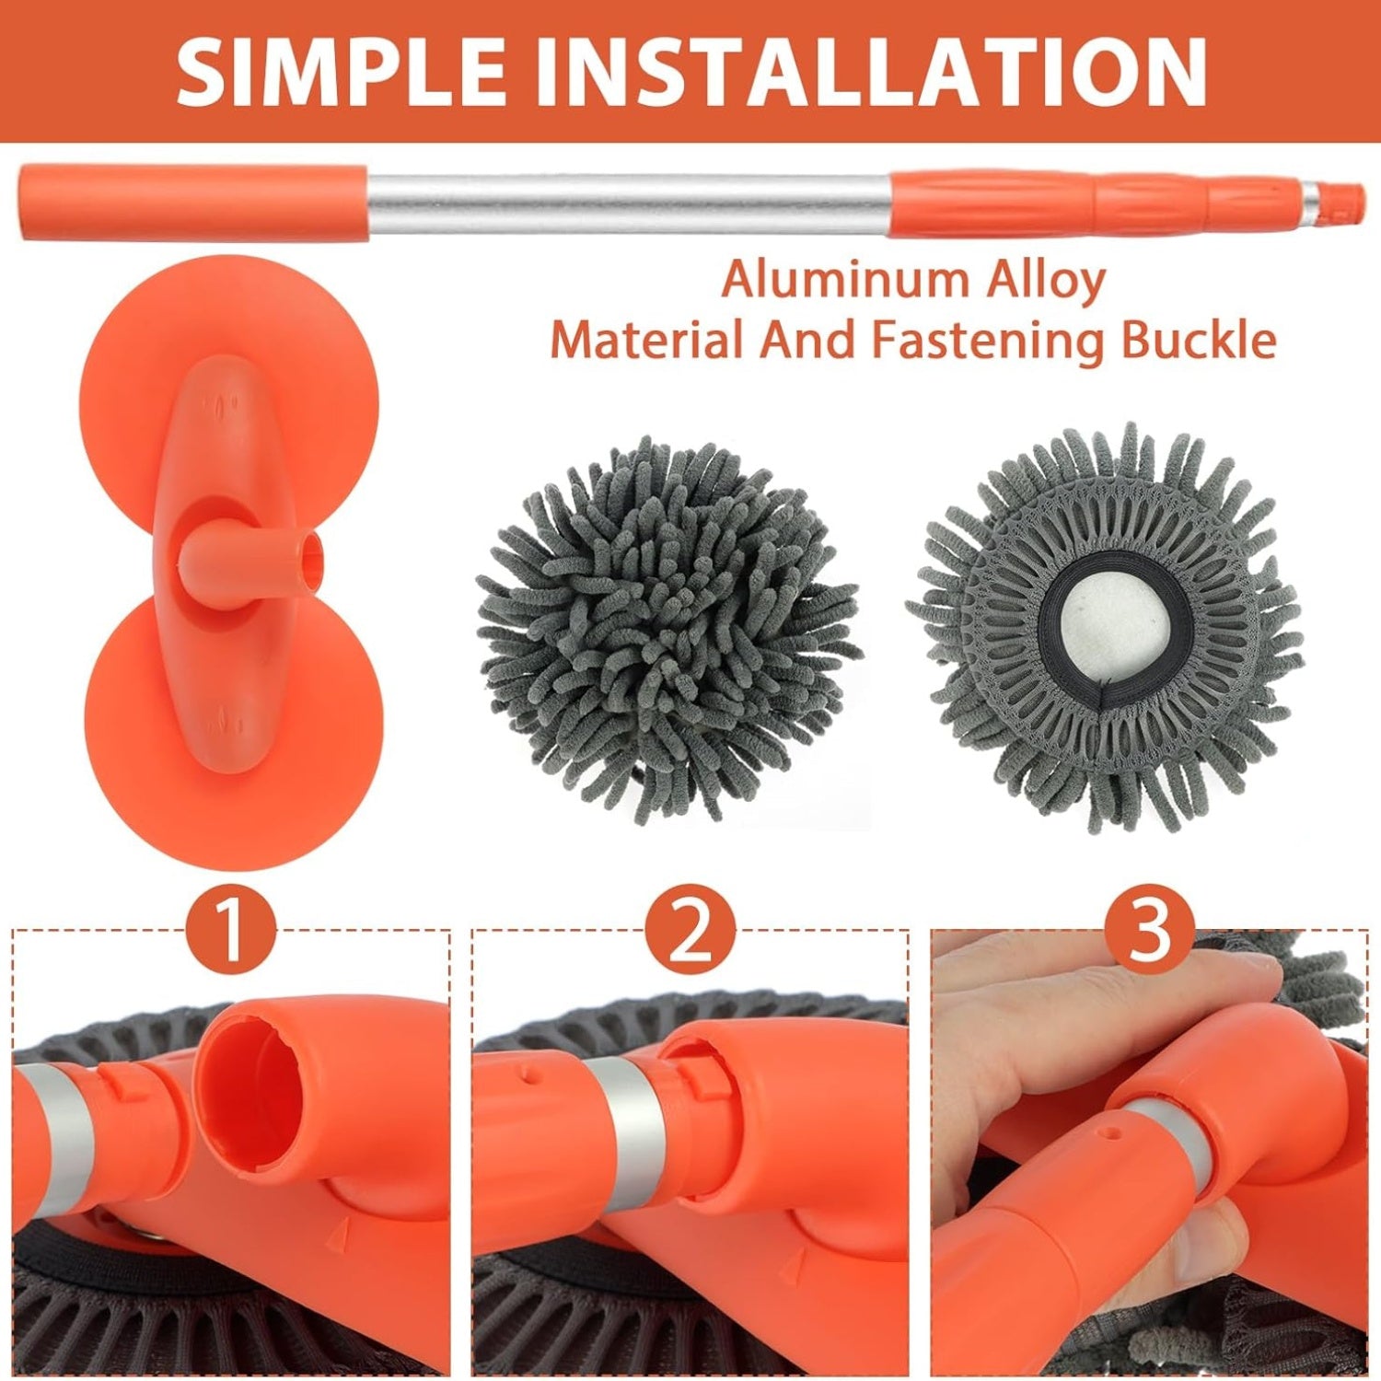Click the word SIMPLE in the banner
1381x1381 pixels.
(x=341, y=71)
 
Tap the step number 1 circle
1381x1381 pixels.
(x=231, y=930)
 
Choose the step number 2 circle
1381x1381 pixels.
(x=690, y=930)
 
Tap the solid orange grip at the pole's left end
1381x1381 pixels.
(x=193, y=202)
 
